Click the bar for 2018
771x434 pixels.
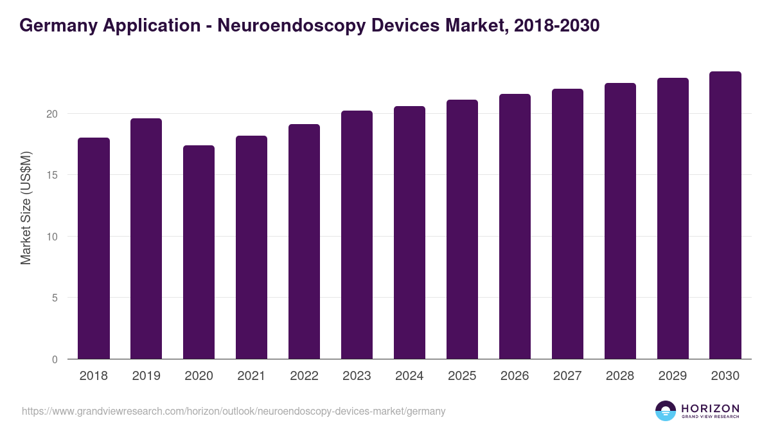(94, 248)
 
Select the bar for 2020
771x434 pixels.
(199, 252)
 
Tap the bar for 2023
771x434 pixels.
(357, 235)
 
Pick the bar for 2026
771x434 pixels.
(515, 226)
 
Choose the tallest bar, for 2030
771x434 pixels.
(725, 215)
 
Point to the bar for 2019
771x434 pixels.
(146, 239)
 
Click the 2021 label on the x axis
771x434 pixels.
(252, 376)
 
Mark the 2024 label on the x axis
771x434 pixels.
(409, 376)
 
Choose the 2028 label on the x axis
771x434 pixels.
(620, 376)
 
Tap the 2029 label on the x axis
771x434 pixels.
(673, 376)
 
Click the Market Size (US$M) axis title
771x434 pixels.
(26, 208)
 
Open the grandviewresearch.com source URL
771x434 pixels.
(233, 411)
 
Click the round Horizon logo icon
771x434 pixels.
(666, 411)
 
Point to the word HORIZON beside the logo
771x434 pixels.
(710, 408)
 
